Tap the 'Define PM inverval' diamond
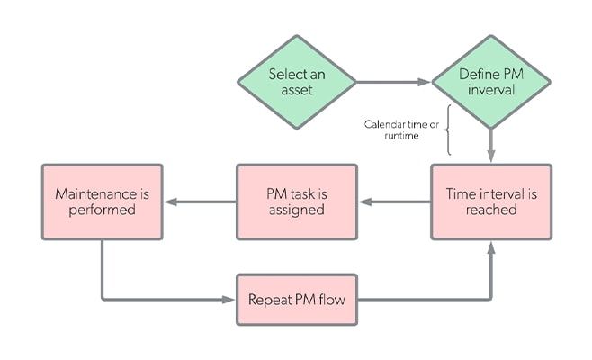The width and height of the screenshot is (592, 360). click(x=490, y=82)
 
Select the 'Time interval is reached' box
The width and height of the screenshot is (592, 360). click(x=490, y=201)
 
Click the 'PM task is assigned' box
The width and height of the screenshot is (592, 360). click(x=296, y=201)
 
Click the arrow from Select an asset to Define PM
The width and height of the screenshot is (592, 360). click(x=394, y=82)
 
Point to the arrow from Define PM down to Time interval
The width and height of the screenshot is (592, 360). click(x=490, y=144)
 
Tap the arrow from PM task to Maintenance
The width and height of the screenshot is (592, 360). click(x=199, y=201)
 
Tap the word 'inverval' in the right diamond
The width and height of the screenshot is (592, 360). click(x=490, y=91)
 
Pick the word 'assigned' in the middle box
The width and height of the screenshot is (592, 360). click(x=296, y=210)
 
